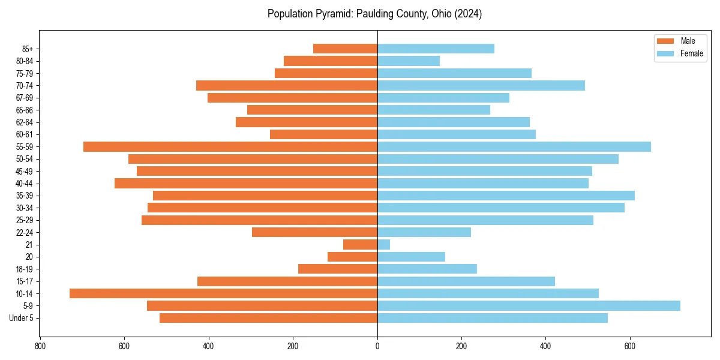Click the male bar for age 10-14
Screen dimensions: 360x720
pos(223,293)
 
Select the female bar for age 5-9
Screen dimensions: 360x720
pos(528,305)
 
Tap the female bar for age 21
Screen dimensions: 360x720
pos(384,244)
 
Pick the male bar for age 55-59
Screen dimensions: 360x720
pos(230,146)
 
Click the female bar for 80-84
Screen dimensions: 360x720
pos(409,61)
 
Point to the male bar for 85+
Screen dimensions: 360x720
pos(345,49)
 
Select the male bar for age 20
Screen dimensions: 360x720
pos(353,257)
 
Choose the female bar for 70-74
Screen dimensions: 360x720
pos(481,85)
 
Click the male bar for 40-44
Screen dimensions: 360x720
pos(246,183)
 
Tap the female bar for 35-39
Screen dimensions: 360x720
pos(506,196)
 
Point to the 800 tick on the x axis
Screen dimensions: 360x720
pos(40,346)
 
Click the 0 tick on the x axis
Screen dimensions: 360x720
pos(377,346)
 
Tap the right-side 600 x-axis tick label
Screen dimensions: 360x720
pos(630,346)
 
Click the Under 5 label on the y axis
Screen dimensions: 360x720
pos(22,318)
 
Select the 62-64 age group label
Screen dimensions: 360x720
pos(25,122)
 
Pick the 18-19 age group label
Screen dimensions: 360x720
pos(25,269)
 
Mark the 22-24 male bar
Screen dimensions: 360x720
pos(314,232)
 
